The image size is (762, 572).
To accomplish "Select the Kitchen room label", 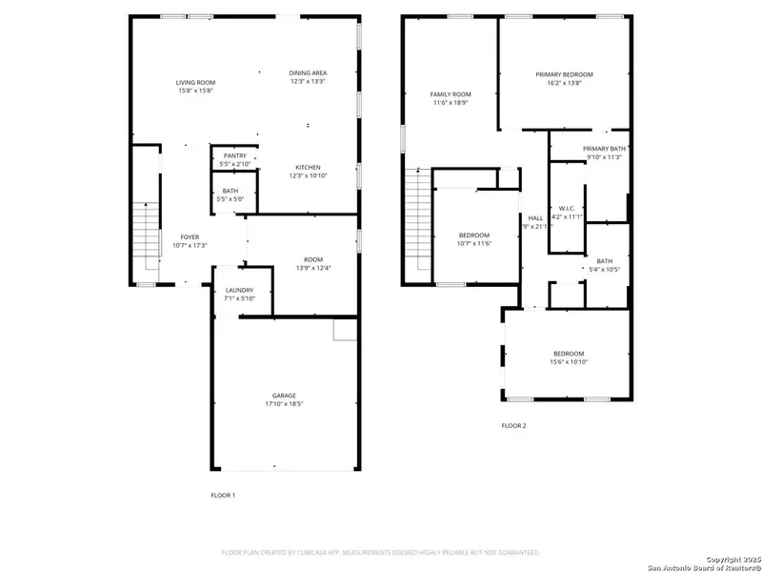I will [308, 168].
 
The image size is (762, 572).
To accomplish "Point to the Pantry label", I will [234, 155].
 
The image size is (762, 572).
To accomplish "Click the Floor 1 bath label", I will [231, 192].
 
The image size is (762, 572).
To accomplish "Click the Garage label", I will [284, 396].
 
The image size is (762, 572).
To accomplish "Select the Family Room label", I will [451, 94].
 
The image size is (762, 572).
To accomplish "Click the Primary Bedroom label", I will [564, 74].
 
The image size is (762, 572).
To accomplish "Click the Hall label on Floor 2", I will [535, 217].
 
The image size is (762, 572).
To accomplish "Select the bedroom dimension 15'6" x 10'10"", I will [570, 362].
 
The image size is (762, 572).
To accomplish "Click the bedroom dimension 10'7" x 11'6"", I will [474, 244].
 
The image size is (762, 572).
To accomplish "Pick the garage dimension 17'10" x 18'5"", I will [284, 404].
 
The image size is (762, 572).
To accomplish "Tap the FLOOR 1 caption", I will [223, 496].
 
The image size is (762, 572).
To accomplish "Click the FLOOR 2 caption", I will [513, 425].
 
